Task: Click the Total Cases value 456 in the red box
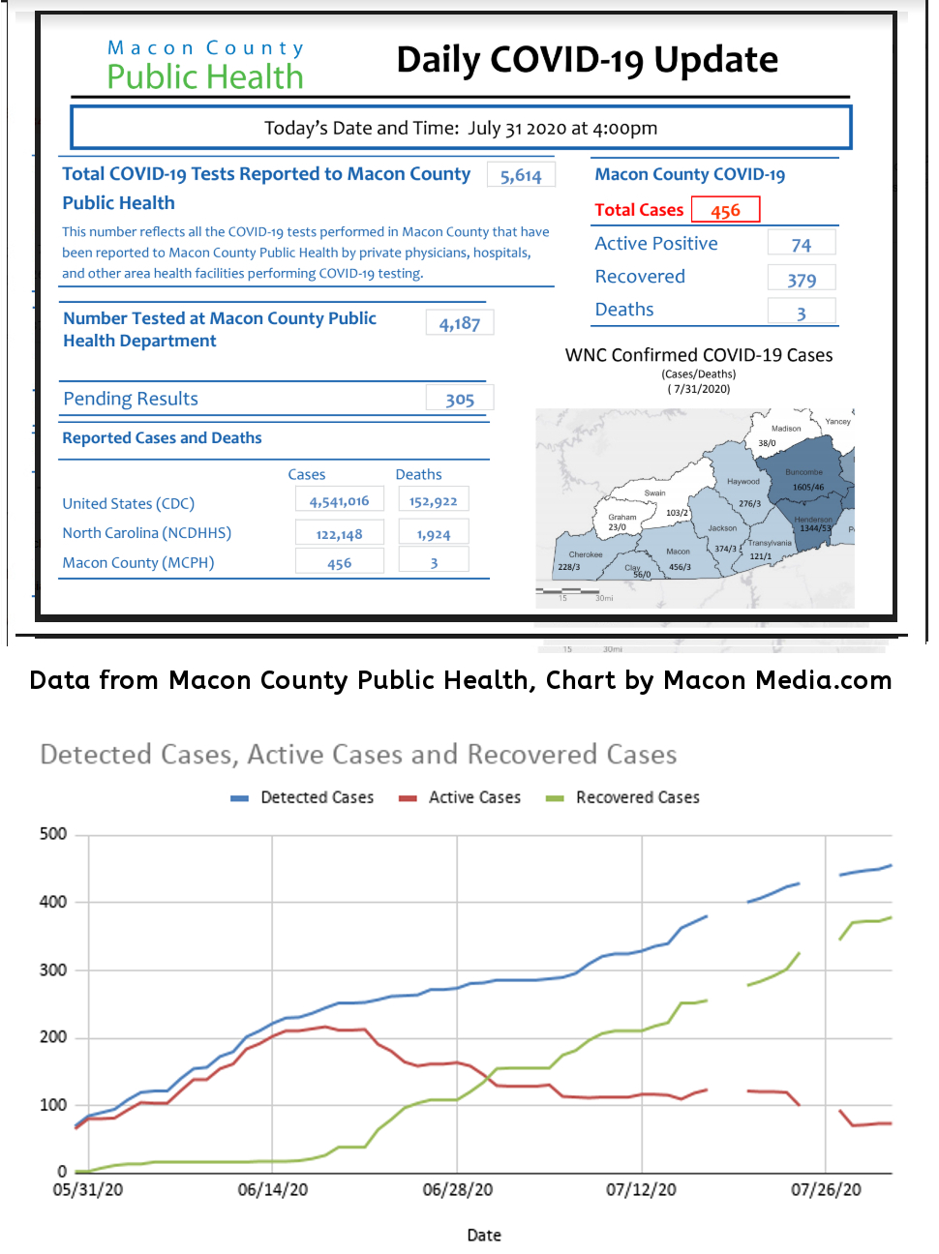tap(725, 210)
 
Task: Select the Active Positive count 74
tap(801, 245)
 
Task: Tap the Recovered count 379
tap(801, 280)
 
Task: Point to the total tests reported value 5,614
tap(521, 175)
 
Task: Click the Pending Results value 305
tap(460, 400)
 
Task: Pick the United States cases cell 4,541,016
tap(339, 501)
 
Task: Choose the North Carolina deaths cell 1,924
tap(434, 534)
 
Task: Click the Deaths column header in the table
tap(418, 474)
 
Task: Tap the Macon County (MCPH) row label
tap(138, 562)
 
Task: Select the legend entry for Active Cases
tap(473, 797)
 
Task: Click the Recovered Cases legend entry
tap(636, 797)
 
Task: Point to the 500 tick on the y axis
tap(53, 834)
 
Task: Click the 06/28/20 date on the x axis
tap(457, 1189)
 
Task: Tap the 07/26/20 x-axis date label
tap(826, 1189)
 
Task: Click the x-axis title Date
tap(484, 1235)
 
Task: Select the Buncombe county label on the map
tap(803, 472)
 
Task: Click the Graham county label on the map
tap(622, 517)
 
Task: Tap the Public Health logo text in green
tap(205, 76)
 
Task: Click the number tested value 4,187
tap(460, 323)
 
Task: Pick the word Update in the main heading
tap(715, 60)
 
